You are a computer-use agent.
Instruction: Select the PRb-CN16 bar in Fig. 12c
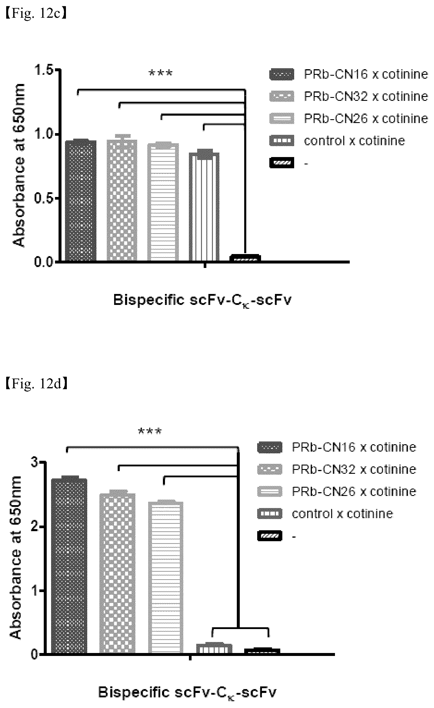[81, 201]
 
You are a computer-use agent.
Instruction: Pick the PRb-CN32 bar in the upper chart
[122, 200]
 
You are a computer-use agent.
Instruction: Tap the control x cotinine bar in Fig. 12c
[204, 207]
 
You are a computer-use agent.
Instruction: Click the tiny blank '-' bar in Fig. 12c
[245, 258]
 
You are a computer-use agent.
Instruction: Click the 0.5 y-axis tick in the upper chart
[45, 198]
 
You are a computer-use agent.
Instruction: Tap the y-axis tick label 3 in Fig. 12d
[35, 462]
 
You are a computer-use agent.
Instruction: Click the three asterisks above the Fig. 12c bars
[161, 73]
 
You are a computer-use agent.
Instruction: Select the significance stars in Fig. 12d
[150, 431]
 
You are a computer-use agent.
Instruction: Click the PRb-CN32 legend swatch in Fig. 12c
[282, 96]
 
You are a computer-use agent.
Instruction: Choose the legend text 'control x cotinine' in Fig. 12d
[342, 514]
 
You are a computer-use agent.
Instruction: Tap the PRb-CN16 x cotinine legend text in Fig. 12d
[354, 447]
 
